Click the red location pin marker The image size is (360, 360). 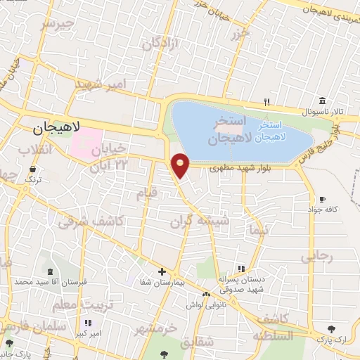click(181, 165)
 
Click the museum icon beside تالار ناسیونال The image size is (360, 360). click(322, 100)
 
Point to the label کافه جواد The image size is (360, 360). click(322, 210)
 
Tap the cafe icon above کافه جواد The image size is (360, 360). click(322, 199)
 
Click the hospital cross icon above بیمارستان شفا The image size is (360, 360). click(162, 271)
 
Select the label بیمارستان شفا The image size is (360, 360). click(162, 282)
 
